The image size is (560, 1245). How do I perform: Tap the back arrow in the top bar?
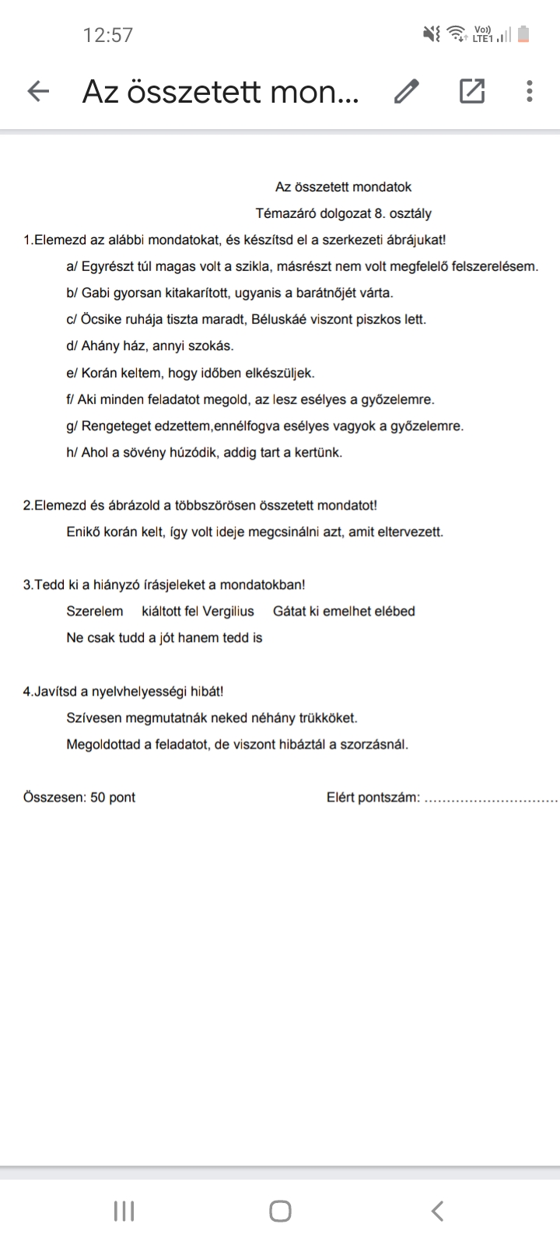click(38, 92)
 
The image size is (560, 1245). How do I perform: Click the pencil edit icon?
click(406, 92)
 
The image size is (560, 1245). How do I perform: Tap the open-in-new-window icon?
click(472, 92)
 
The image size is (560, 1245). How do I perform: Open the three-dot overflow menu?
click(530, 92)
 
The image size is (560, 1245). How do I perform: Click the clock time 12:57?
click(108, 35)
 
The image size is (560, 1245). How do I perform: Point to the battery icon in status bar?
click(523, 34)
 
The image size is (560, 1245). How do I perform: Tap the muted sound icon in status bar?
click(430, 34)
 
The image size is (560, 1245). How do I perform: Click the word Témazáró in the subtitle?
click(285, 213)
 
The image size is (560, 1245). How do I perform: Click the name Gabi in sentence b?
click(95, 293)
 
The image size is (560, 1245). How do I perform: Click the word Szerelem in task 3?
click(95, 612)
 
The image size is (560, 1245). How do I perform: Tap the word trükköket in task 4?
click(327, 718)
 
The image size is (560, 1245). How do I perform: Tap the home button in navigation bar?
click(280, 1211)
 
